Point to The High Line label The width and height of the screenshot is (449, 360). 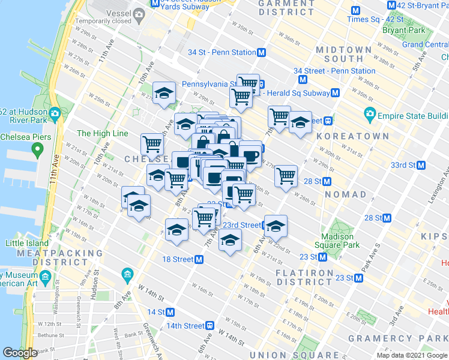point(103,133)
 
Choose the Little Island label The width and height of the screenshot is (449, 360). point(26,243)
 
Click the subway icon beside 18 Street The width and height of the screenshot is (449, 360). point(199,259)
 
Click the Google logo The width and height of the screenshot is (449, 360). point(19,353)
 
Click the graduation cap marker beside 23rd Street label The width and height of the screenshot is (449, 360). point(276,227)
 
